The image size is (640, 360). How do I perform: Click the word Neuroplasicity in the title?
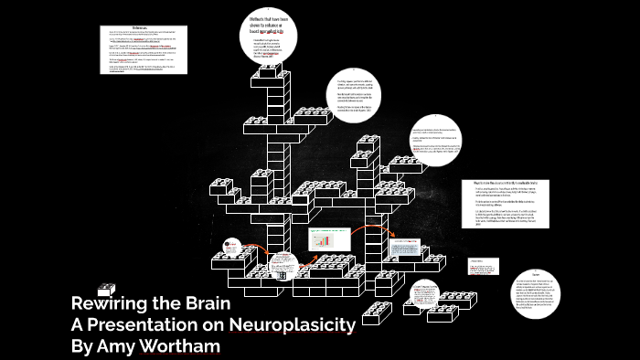[293, 324]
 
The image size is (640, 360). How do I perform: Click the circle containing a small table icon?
[282, 265]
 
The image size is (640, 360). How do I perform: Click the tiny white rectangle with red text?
[482, 266]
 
